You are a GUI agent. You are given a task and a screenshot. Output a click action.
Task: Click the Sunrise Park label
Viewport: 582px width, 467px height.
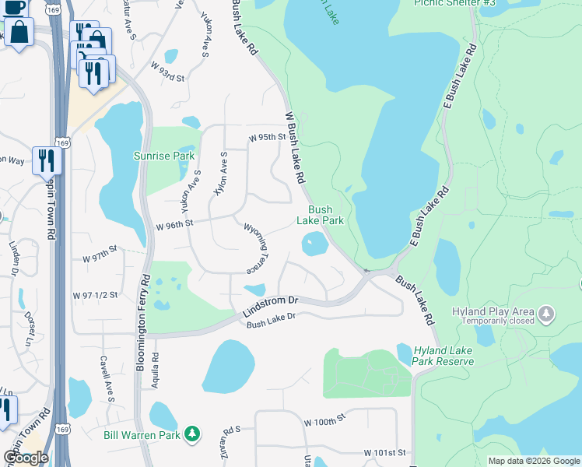click(x=163, y=156)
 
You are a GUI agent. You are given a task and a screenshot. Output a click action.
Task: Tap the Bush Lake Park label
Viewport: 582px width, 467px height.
click(x=320, y=215)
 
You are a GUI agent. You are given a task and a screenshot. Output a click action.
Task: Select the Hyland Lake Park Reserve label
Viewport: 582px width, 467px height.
click(x=444, y=356)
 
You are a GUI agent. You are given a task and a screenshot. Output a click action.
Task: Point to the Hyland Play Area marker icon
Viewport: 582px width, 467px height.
click(x=549, y=314)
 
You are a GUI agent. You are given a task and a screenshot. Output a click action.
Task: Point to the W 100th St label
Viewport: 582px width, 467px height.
click(x=324, y=421)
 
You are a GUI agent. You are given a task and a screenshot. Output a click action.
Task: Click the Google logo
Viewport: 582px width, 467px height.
click(x=26, y=458)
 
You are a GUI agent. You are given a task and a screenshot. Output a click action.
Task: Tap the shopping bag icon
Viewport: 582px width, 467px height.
click(x=19, y=33)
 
